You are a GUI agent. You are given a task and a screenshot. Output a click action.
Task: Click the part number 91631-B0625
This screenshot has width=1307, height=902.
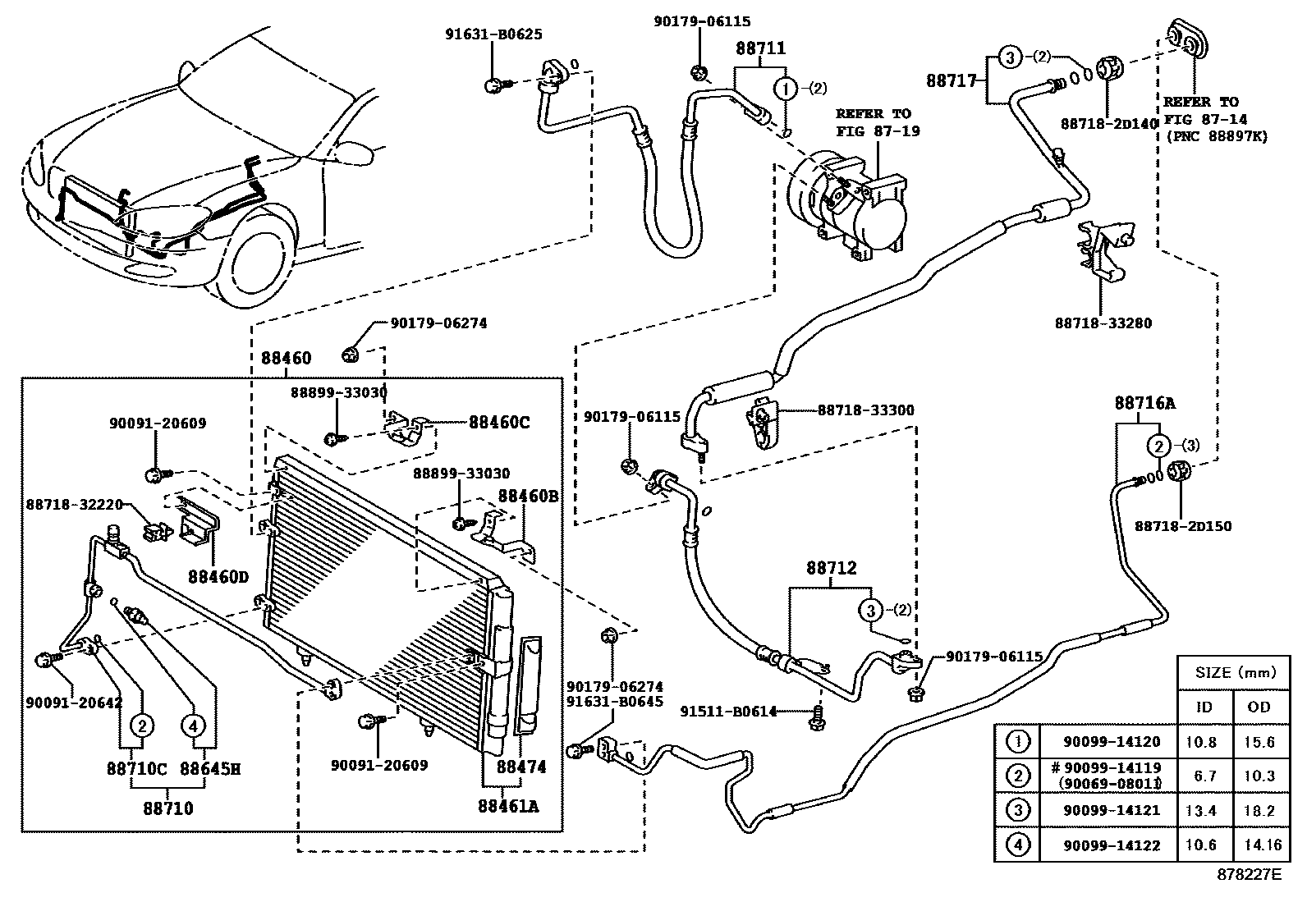click(493, 34)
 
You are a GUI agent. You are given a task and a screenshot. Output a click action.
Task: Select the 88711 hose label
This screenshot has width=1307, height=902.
click(760, 48)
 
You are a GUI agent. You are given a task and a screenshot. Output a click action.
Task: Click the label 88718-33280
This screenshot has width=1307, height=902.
click(1103, 323)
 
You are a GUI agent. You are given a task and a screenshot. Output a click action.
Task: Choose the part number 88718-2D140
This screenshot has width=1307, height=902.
click(1108, 123)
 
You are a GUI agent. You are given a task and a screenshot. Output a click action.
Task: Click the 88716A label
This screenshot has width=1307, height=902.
click(1144, 403)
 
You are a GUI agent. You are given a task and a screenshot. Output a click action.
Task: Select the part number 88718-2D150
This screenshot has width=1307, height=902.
click(1183, 526)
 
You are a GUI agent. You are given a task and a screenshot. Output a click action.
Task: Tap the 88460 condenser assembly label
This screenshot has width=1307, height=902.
click(287, 358)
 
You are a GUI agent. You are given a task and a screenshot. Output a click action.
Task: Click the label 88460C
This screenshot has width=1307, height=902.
click(499, 423)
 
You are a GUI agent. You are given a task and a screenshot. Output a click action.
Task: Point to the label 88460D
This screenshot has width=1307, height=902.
click(218, 576)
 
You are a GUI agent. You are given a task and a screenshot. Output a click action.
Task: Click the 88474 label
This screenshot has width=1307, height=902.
click(521, 767)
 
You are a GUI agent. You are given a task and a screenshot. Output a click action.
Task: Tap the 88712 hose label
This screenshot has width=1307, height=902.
click(831, 567)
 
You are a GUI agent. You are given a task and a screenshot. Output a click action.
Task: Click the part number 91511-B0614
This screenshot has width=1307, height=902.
click(728, 712)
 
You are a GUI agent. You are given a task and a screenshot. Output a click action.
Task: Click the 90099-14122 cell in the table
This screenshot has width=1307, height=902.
click(1112, 845)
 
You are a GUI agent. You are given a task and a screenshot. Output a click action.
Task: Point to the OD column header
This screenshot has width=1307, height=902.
click(1259, 707)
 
